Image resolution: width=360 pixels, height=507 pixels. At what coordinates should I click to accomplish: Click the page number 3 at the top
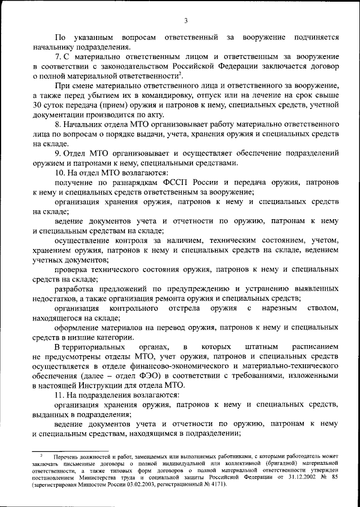186,21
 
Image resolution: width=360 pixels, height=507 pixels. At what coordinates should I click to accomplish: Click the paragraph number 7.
58,57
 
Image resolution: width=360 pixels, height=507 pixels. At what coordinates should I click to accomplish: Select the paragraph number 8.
58,124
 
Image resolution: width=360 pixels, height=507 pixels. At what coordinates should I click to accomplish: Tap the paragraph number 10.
61,172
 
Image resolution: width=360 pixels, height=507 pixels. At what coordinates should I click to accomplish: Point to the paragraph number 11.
61,396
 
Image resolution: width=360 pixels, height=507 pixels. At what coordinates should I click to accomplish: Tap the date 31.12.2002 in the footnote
304,477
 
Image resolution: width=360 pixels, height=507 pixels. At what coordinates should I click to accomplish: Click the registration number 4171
216,484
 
